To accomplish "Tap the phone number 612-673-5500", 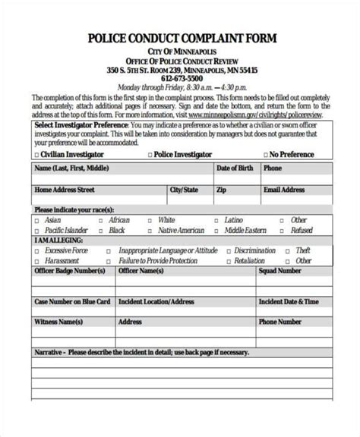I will (x=181, y=78).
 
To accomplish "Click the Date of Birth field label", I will (x=235, y=168).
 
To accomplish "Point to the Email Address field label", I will (x=284, y=190).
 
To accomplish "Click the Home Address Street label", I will (x=65, y=190).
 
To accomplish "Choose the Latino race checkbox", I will (x=217, y=221).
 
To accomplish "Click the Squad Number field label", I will (x=279, y=270).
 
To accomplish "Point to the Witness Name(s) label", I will (x=58, y=322).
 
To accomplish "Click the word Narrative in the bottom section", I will (x=50, y=353).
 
